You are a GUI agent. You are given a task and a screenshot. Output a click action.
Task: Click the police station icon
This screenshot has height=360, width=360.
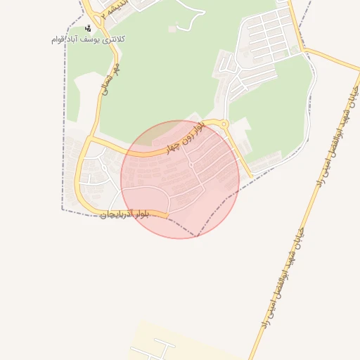pyautogui.click(x=88, y=29)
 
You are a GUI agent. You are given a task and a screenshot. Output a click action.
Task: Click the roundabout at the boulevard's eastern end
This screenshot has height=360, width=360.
pyautogui.click(x=224, y=125)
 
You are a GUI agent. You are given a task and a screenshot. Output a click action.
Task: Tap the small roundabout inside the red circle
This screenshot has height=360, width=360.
pyautogui.click(x=191, y=164)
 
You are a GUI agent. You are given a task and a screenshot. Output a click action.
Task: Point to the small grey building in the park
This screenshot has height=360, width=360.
pyautogui.click(x=172, y=29)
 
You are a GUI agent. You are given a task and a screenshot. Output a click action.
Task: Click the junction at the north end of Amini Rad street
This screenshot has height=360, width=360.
pyautogui.click(x=305, y=50)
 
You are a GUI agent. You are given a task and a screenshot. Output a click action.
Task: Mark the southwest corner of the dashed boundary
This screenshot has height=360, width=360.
pyautogui.click(x=63, y=210)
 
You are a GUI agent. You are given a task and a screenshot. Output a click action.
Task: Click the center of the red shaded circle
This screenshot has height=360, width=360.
pyautogui.click(x=179, y=179)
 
